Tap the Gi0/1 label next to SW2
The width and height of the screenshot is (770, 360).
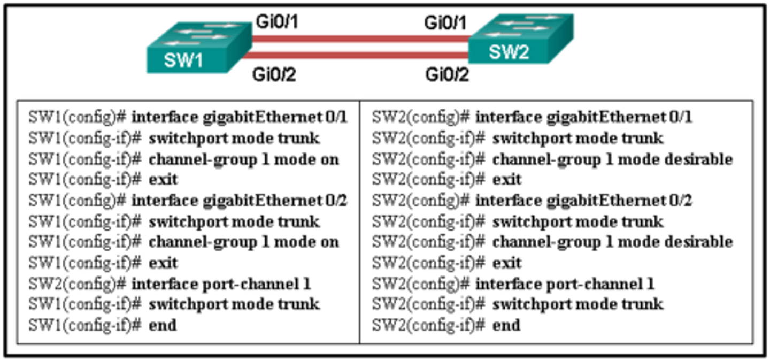coord(445,23)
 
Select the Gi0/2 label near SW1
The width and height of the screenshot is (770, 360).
coord(274,75)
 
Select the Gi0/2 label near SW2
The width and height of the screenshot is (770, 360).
coord(447,75)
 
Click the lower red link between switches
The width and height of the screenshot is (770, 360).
coord(361,55)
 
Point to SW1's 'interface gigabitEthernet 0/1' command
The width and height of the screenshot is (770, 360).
coord(239,117)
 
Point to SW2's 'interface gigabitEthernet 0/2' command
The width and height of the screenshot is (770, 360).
coord(583,201)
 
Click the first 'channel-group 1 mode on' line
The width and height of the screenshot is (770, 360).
coord(243,159)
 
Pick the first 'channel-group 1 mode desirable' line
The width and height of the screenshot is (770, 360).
coord(612,159)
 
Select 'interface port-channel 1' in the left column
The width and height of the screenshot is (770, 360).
coord(221,284)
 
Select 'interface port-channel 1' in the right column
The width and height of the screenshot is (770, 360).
coord(565,284)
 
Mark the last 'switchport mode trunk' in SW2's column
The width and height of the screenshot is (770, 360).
coord(577,304)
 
